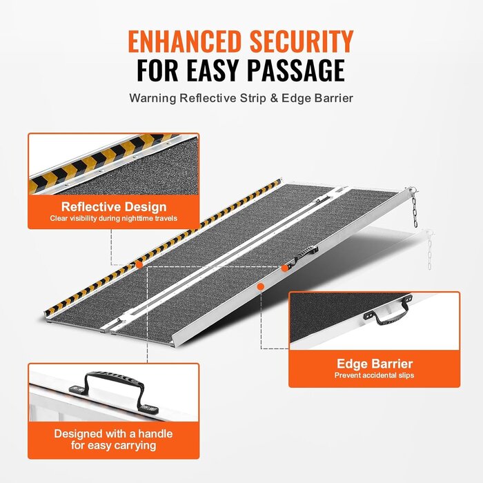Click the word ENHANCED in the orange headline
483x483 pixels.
pyautogui.click(x=184, y=41)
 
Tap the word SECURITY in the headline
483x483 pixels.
pyautogui.click(x=302, y=41)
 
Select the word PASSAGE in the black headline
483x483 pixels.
pyautogui.click(x=296, y=70)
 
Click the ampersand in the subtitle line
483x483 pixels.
pyautogui.click(x=273, y=98)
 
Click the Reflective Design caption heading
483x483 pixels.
pyautogui.click(x=114, y=207)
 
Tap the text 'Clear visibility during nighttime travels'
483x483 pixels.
pyautogui.click(x=114, y=219)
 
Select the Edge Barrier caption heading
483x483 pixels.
pyautogui.click(x=375, y=364)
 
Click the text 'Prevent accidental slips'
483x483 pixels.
pyautogui.click(x=374, y=375)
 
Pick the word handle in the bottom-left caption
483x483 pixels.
pyautogui.click(x=155, y=434)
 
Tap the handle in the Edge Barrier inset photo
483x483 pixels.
pyautogui.click(x=388, y=310)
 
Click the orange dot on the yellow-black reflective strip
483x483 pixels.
pyautogui.click(x=139, y=264)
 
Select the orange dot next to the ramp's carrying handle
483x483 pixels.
pyautogui.click(x=285, y=268)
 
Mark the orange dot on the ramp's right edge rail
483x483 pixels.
pyautogui.click(x=261, y=287)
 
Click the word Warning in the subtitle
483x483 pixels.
pyautogui.click(x=153, y=98)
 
